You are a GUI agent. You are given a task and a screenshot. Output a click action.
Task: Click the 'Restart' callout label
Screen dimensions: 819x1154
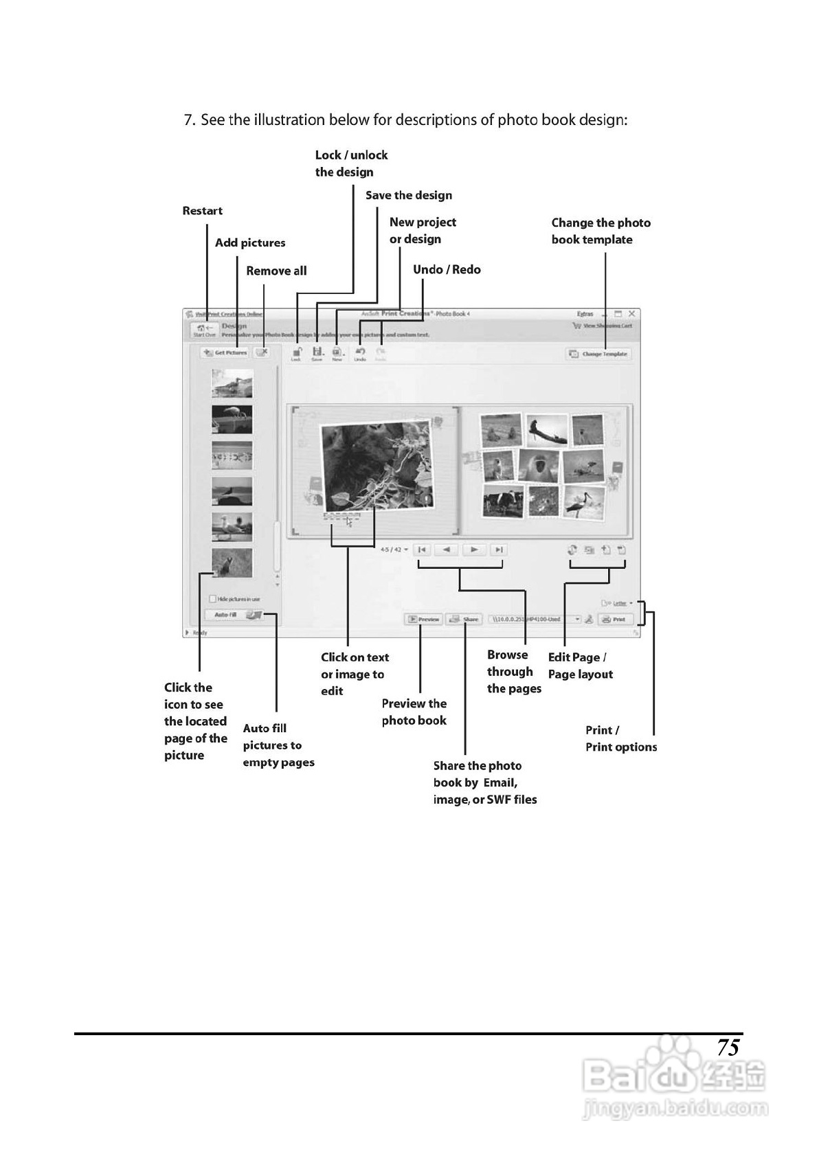pos(202,211)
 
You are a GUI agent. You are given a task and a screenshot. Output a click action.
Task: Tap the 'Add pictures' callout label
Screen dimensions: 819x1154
pos(249,242)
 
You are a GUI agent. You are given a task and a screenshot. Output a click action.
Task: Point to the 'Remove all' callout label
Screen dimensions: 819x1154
pos(276,271)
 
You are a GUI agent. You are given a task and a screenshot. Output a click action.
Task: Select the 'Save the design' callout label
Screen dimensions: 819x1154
pos(408,195)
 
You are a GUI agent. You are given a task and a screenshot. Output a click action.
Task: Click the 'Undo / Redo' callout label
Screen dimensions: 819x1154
pos(447,269)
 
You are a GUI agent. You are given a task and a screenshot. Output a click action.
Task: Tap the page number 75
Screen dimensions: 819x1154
pos(728,1048)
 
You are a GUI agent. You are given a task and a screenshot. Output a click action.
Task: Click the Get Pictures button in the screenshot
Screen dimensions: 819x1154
pos(225,352)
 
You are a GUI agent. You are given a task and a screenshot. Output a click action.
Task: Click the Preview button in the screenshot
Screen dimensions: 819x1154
pos(423,619)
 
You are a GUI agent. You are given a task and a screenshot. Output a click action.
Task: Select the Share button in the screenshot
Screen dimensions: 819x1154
pos(464,619)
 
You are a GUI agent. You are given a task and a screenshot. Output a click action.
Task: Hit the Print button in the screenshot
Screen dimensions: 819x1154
pos(614,619)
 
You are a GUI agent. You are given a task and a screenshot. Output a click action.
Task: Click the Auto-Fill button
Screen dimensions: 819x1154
pos(234,615)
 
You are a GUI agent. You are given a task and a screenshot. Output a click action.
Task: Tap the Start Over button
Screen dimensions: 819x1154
pos(204,330)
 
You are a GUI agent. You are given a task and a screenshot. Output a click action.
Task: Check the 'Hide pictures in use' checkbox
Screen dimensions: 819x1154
pos(213,599)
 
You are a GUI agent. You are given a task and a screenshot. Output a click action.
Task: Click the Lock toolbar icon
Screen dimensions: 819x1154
pos(296,354)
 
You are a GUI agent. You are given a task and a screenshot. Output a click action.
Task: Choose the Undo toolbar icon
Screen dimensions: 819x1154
pos(360,354)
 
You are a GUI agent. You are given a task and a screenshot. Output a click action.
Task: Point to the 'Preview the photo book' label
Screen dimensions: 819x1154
pos(414,712)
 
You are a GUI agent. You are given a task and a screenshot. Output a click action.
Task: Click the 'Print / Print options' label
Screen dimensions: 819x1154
pos(620,738)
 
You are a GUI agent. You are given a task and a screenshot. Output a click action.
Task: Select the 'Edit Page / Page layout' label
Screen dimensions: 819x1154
pos(580,666)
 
